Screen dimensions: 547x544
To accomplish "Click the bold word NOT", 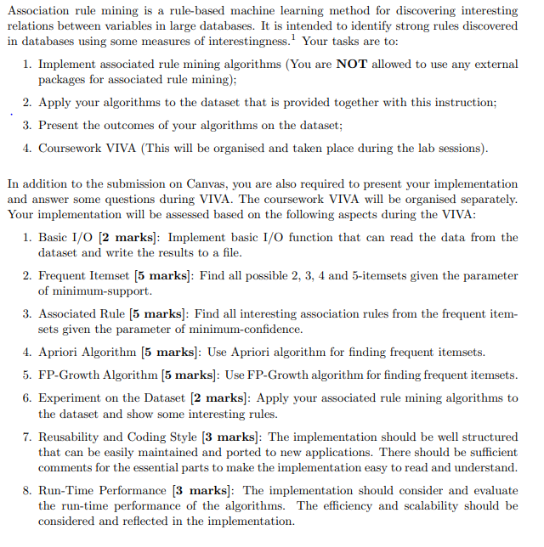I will click(x=352, y=64).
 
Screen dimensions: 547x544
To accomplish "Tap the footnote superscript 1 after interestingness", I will click(x=294, y=37).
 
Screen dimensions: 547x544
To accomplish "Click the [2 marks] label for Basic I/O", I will click(x=125, y=237).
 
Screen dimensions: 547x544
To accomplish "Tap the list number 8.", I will click(x=27, y=490).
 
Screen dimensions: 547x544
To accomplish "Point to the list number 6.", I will click(x=27, y=398).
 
